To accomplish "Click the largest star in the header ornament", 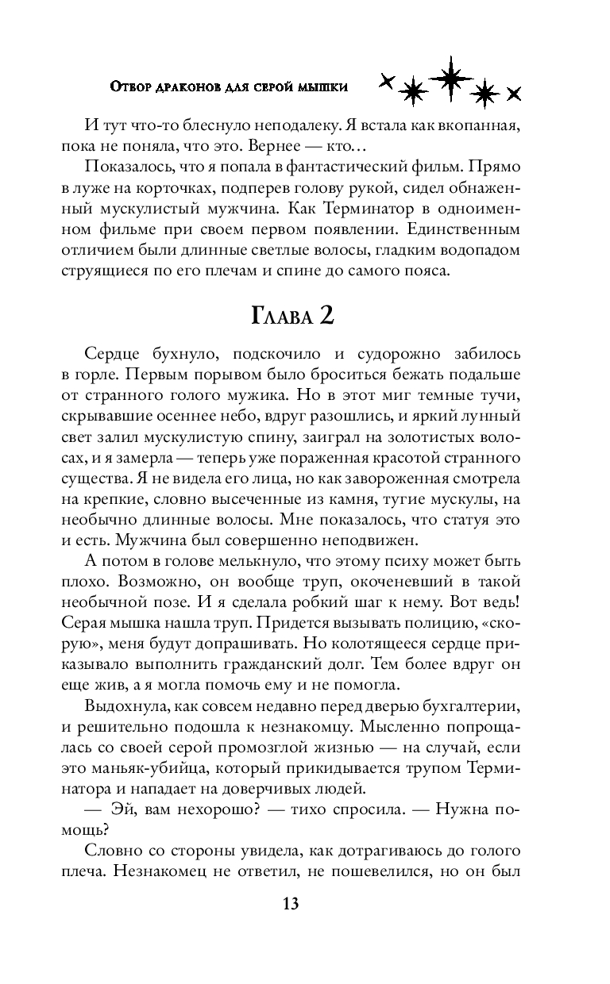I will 450,77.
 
